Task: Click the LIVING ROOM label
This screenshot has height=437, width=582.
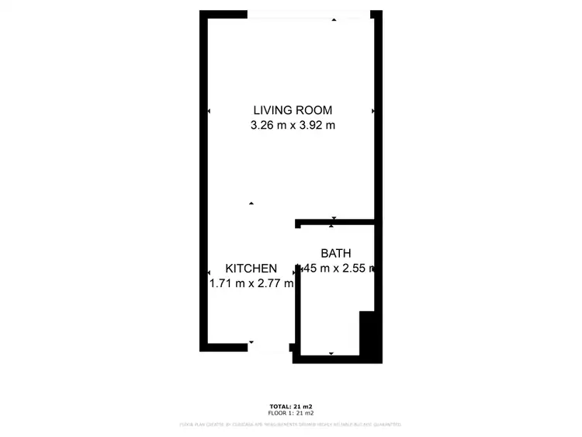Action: pos(293,110)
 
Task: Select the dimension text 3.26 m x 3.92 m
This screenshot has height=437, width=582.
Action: pos(293,125)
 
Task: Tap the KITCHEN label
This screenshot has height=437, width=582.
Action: pos(251,269)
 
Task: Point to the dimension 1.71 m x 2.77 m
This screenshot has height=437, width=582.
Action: pos(251,283)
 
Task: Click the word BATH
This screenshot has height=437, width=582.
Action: pos(336,253)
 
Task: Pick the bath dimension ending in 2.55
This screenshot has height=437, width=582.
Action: pos(338,269)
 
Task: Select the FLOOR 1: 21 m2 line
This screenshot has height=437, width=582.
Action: pos(290,414)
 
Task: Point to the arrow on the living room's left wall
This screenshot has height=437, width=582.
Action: pos(209,112)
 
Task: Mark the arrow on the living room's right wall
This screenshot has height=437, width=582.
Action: pos(373,112)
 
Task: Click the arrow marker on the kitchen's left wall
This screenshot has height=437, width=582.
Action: pos(209,272)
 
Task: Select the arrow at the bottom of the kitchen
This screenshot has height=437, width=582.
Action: pos(251,342)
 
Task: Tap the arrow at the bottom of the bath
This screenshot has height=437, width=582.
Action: pos(331,353)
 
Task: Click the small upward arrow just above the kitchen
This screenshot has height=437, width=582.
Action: pos(251,203)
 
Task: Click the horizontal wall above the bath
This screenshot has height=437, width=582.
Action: pos(335,223)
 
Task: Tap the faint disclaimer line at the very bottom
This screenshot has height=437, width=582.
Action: pos(290,425)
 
